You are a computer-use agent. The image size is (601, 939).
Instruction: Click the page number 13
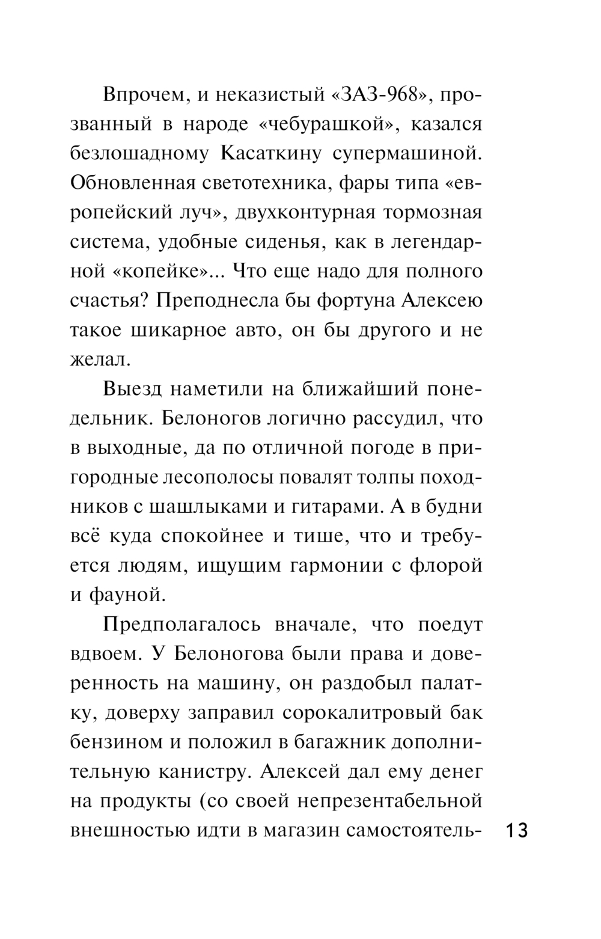click(x=516, y=831)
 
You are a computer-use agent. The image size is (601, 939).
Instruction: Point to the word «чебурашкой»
click(x=319, y=124)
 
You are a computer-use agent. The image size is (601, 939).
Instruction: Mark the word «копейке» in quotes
click(x=164, y=272)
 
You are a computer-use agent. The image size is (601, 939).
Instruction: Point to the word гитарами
click(x=333, y=507)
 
